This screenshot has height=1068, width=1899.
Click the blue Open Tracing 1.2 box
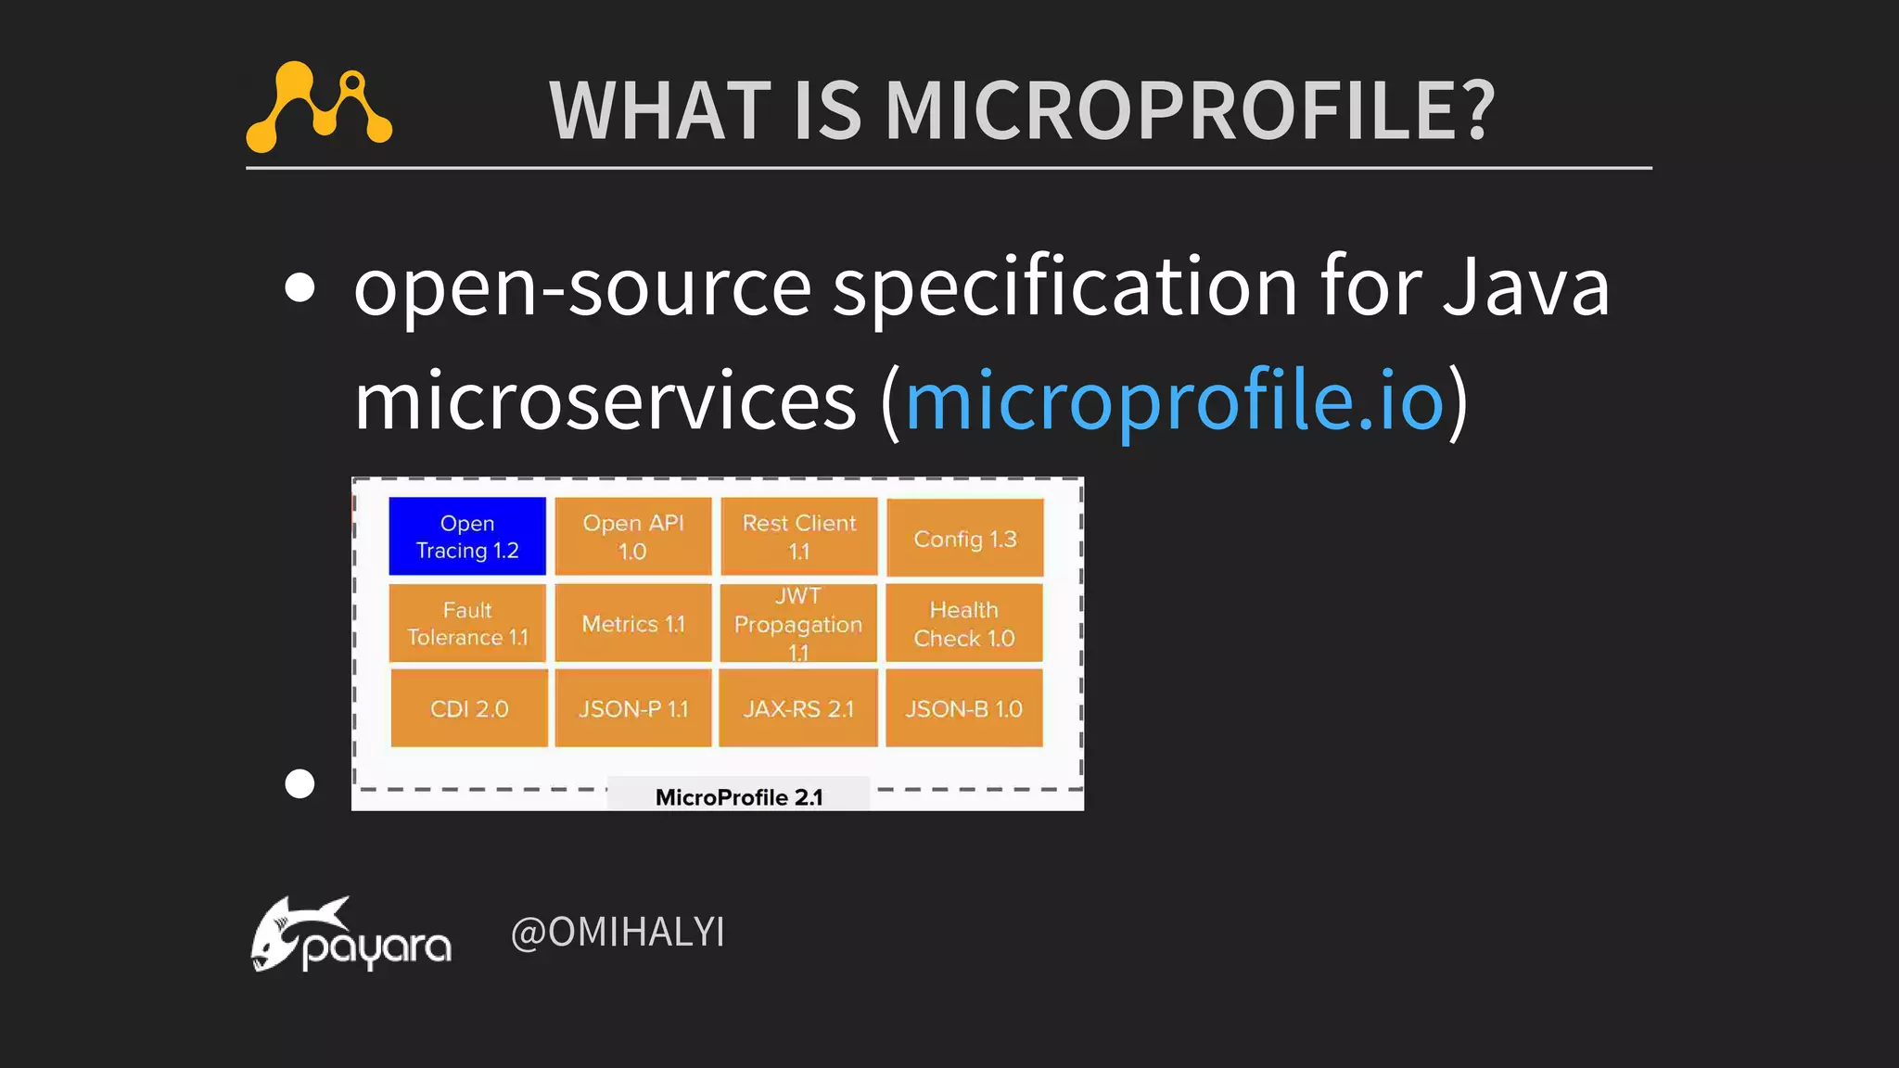[x=466, y=537]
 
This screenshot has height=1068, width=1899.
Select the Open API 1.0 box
[x=632, y=537]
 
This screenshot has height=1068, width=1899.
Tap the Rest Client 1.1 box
[x=798, y=537]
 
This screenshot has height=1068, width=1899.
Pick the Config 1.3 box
[x=964, y=539]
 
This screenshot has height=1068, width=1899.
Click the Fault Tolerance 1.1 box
[x=466, y=623]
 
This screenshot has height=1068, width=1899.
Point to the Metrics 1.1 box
[x=632, y=623]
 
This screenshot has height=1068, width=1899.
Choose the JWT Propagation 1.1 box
[x=797, y=623]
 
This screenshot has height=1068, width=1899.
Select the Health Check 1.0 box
[x=963, y=623]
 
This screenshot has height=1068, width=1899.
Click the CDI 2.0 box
[x=468, y=708]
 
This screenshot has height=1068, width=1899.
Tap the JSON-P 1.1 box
[x=632, y=708]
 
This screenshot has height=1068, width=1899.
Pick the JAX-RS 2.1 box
[x=797, y=708]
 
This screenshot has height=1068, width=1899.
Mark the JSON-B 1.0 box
[x=963, y=708]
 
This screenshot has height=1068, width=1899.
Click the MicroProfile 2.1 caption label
[x=738, y=796]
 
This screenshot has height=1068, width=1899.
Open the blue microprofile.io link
[x=1174, y=400]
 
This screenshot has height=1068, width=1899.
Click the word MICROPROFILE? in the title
[x=1190, y=111]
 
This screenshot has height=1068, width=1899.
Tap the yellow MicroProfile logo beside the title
[x=318, y=107]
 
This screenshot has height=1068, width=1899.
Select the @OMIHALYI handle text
[x=618, y=932]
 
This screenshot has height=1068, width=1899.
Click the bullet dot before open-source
[x=300, y=287]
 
